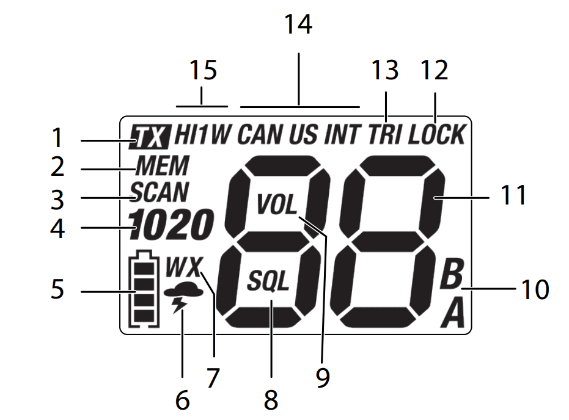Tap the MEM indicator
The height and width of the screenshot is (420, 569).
(x=163, y=166)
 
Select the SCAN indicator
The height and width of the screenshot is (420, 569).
(x=159, y=193)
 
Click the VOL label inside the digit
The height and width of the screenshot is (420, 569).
(x=277, y=205)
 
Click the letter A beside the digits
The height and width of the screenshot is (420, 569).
(x=452, y=314)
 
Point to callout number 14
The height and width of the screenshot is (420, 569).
(x=298, y=26)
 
